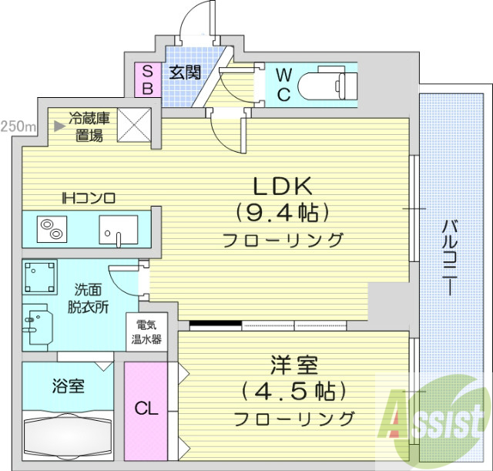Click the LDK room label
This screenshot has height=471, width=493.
282,185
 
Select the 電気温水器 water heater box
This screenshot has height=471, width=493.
146,331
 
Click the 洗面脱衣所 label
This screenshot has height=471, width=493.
91,298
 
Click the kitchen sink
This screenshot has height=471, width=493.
118,229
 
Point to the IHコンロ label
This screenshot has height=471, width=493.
89,198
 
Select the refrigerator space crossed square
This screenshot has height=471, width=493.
132,126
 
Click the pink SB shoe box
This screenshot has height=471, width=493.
147,79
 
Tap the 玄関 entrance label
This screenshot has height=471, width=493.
185,73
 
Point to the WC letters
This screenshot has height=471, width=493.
283,85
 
